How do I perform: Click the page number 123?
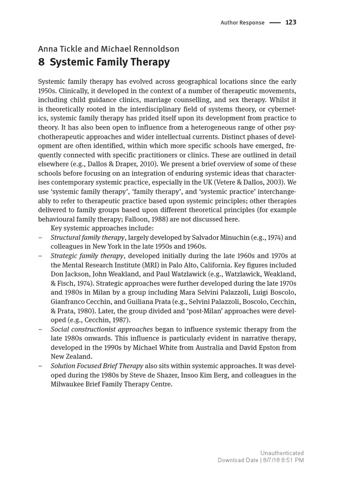(291, 22)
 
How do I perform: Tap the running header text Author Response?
(242, 22)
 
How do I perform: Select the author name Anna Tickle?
(58, 49)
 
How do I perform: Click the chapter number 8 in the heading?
(41, 62)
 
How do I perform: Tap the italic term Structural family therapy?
(88, 237)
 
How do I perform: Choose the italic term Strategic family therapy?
(87, 255)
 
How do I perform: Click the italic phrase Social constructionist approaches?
(102, 329)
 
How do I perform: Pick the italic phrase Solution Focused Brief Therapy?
(97, 366)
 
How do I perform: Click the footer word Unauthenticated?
(282, 453)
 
